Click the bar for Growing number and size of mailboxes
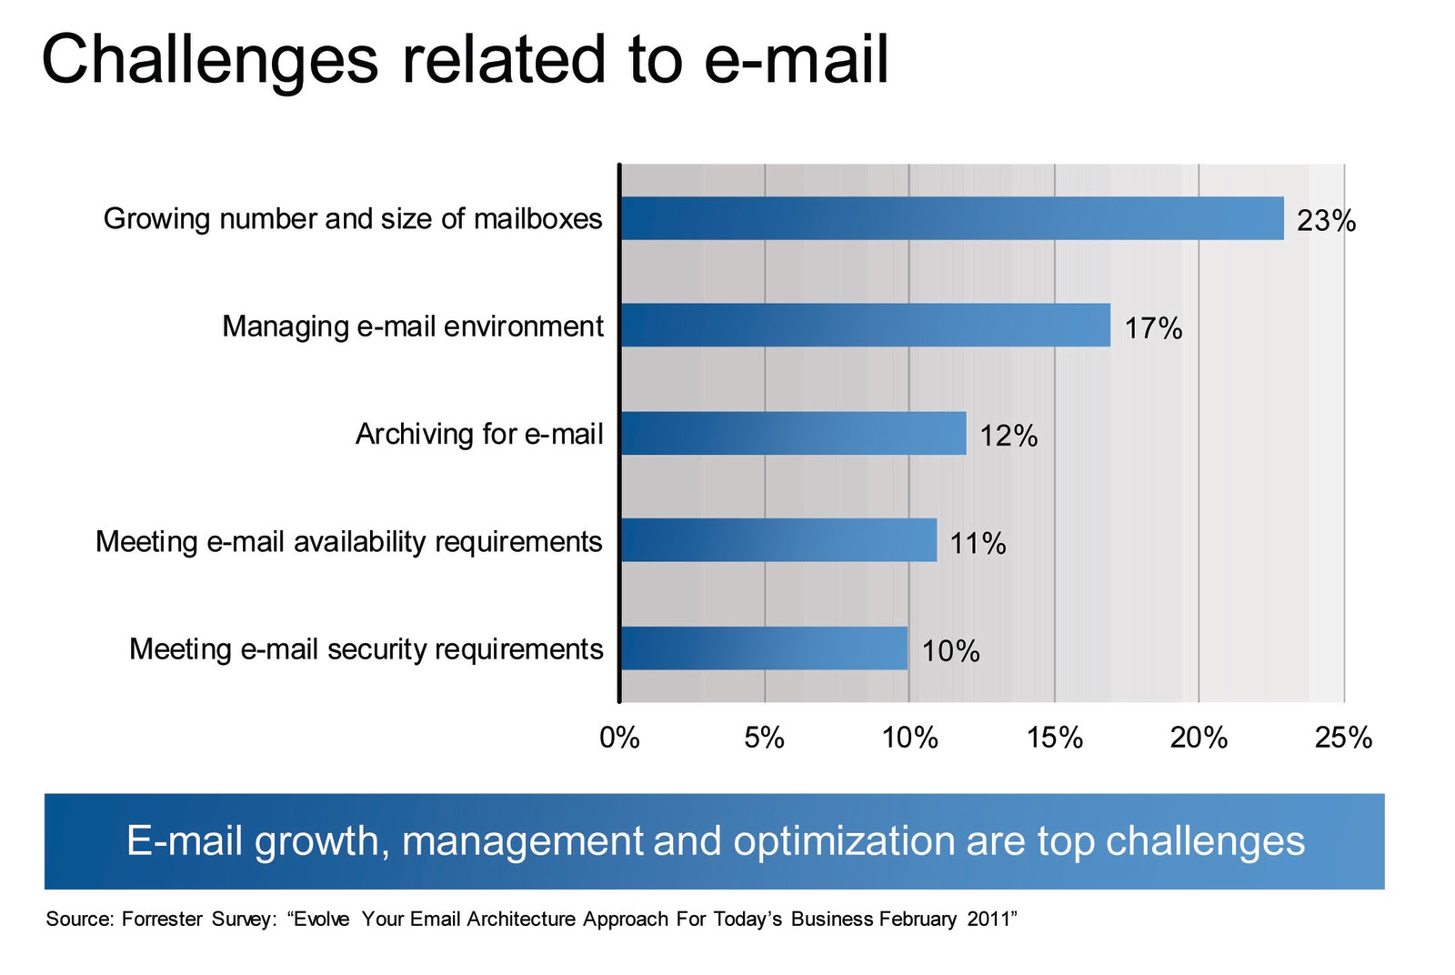tap(951, 218)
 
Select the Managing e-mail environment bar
tap(865, 325)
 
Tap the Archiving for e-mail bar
tap(793, 433)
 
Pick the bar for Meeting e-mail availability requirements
tap(778, 540)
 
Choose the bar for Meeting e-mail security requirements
tap(764, 648)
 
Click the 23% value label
tap(1326, 221)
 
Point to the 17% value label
tap(1153, 328)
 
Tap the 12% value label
tap(1008, 436)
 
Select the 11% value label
tap(978, 543)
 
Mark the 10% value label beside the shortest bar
tap(950, 651)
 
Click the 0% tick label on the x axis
tap(619, 738)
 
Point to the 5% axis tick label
tap(764, 738)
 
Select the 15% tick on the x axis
tap(1054, 738)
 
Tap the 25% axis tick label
tap(1343, 738)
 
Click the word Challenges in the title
tap(209, 60)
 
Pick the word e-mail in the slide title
tap(796, 60)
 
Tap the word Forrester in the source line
tap(162, 920)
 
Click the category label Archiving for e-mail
tap(479, 434)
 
